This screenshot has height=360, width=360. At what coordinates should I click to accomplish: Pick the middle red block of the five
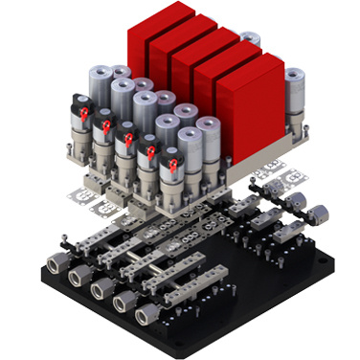pos(201,67)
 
